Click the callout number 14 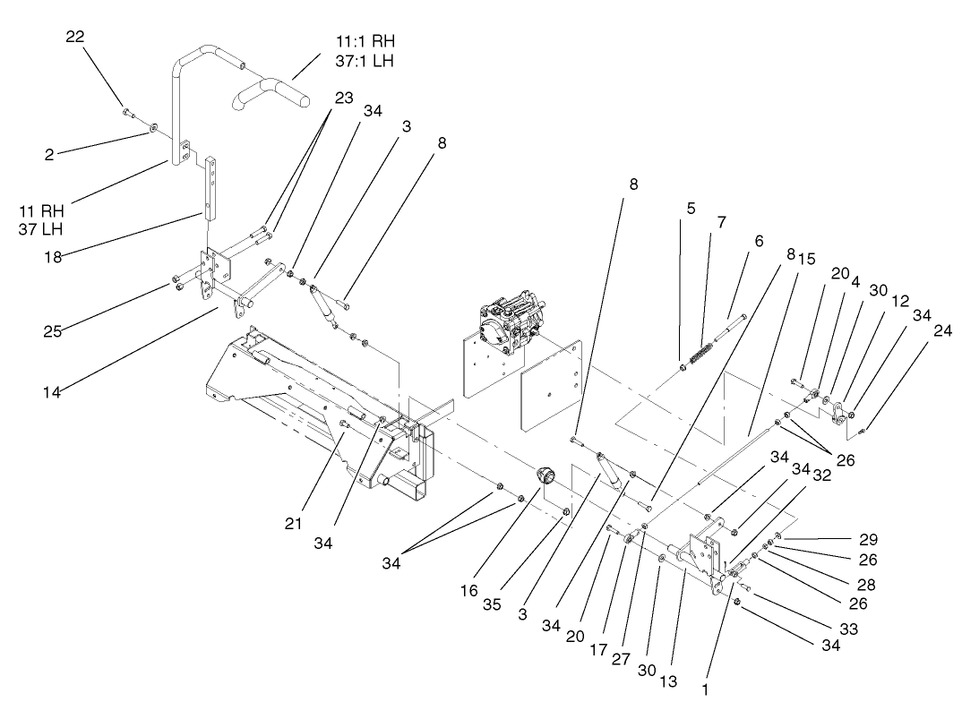click(x=53, y=390)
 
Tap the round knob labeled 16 click(x=546, y=475)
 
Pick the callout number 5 click(x=690, y=207)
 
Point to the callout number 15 click(x=805, y=259)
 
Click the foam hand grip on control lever click(x=271, y=92)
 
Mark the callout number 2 click(x=49, y=154)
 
